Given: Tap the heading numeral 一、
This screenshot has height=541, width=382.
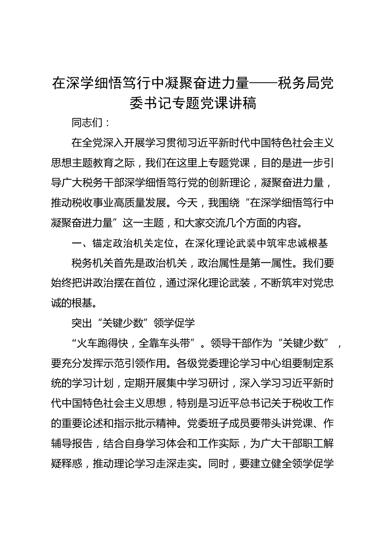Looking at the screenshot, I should pos(76,243).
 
